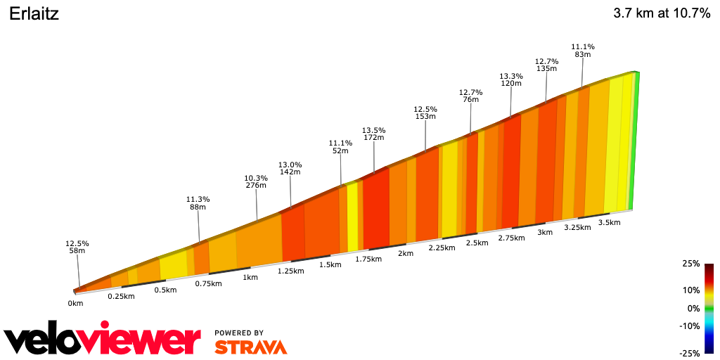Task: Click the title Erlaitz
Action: point(34,14)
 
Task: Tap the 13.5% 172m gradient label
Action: point(373,134)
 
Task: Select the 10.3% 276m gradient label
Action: point(256,181)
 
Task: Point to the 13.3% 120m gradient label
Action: point(511,79)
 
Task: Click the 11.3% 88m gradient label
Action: point(198,202)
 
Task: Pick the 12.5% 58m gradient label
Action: point(77,247)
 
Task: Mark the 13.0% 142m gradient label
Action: point(290,167)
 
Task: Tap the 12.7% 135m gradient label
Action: point(546,65)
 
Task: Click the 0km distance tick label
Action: point(75,304)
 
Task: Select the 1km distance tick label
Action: point(250,277)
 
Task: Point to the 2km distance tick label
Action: point(405,253)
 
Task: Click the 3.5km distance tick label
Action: point(609,222)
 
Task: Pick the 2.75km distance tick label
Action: point(511,238)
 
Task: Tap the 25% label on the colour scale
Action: point(691,264)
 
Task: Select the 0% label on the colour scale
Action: point(693,308)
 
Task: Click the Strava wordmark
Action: point(250,347)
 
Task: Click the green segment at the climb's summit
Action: point(634,141)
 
